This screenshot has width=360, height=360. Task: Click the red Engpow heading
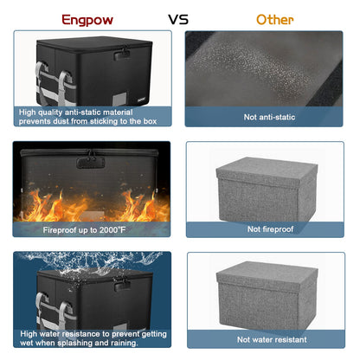87,20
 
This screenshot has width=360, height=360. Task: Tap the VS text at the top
178,20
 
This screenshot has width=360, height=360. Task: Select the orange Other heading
275,20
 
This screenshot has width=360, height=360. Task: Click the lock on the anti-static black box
121,54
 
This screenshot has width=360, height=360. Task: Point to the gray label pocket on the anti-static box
119,99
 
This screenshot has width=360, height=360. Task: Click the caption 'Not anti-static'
269,117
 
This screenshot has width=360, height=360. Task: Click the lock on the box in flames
90,162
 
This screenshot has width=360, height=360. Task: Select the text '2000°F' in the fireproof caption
112,230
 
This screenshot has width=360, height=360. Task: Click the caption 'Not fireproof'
270,229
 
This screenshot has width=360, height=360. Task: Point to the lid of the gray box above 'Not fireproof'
267,172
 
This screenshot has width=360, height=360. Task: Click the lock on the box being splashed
122,284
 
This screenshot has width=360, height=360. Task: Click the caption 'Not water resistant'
272,339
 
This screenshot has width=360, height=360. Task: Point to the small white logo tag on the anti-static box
142,100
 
